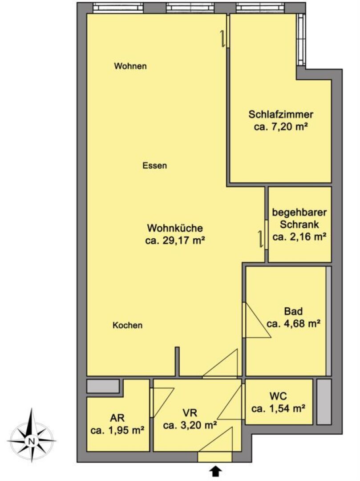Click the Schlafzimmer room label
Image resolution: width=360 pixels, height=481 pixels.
click(x=281, y=115)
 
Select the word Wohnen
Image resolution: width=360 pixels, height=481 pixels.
click(x=130, y=66)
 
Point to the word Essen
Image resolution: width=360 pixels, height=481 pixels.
click(x=155, y=166)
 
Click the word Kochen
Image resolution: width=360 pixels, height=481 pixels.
click(x=127, y=325)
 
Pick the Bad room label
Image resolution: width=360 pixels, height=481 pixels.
click(x=294, y=311)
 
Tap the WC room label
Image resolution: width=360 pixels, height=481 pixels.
click(x=278, y=396)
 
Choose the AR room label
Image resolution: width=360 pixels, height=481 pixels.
click(x=117, y=418)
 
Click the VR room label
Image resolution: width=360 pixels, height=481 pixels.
click(x=190, y=413)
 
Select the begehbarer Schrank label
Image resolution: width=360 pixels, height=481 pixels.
click(x=299, y=218)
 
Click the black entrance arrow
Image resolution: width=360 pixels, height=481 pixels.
click(x=216, y=471)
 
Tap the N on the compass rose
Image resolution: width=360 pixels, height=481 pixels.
click(x=31, y=441)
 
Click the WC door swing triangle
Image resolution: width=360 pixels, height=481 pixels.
click(x=230, y=402)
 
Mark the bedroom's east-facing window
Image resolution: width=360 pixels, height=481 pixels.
click(x=301, y=40)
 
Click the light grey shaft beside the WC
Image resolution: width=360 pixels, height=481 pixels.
click(x=324, y=402)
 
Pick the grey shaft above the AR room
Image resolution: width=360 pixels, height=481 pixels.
click(x=103, y=386)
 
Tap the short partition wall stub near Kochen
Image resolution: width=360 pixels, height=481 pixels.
click(x=177, y=361)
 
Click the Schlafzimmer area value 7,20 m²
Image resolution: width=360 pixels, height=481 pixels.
click(x=281, y=126)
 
